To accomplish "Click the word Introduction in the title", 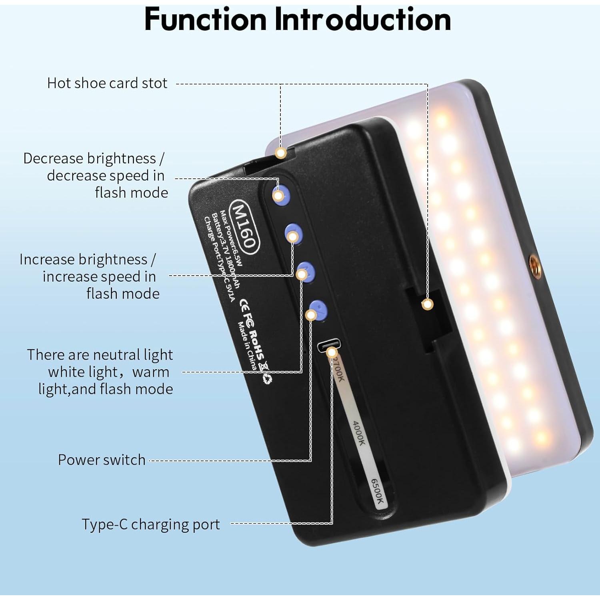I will point(362,19).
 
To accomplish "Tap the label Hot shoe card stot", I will point(107,83).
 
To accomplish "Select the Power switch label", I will point(102,460).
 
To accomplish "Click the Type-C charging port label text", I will point(151,524).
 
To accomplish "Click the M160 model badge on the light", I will point(243,226).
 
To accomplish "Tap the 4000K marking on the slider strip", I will point(358,433).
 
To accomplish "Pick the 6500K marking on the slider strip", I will point(377,491).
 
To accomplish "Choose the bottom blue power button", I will point(318,310).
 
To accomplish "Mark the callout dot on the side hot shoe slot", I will point(428,304).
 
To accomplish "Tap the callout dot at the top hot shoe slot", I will point(281,152).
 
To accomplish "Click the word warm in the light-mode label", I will point(151,372).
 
